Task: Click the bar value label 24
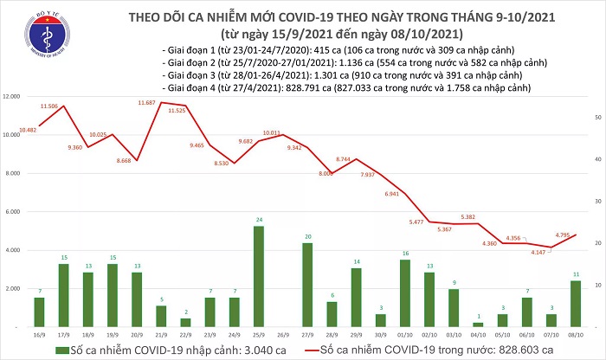click(x=258, y=221)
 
